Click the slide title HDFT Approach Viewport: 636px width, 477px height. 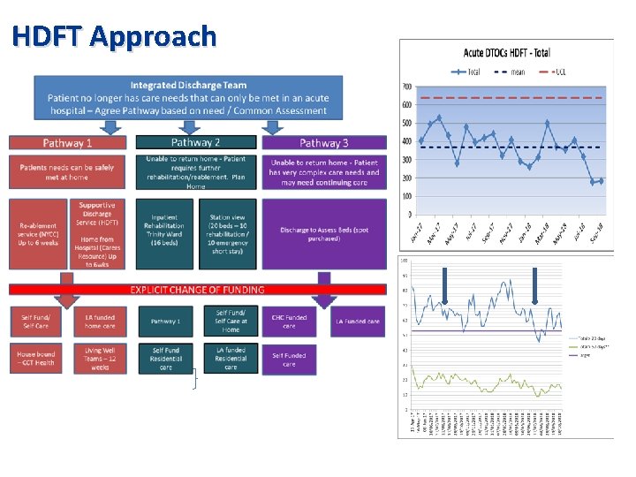tap(115, 36)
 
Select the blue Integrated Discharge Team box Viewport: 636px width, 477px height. tap(188, 98)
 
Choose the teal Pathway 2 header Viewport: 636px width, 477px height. tap(195, 142)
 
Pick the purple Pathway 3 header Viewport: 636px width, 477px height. tap(323, 143)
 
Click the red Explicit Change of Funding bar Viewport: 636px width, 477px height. tap(198, 289)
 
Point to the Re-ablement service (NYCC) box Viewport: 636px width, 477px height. tap(37, 234)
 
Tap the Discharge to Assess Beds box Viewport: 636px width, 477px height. tap(324, 234)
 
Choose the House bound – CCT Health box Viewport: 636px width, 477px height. tap(36, 356)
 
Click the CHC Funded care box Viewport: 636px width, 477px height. tap(290, 321)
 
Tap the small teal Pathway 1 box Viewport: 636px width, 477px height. tap(164, 322)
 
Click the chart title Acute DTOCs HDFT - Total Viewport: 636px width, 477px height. tap(506, 54)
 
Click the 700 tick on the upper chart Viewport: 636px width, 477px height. tap(407, 87)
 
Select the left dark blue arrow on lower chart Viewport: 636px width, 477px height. tap(444, 284)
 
